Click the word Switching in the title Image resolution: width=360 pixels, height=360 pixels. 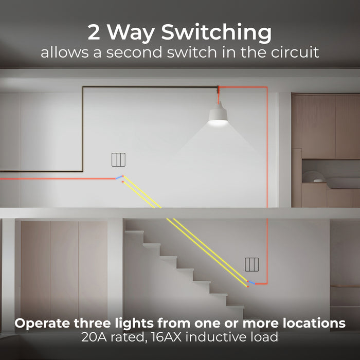pos(217,32)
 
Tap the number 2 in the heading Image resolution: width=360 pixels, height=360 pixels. pos(94,32)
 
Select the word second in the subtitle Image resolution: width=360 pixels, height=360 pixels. pos(135,52)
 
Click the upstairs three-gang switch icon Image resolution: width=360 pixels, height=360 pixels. pos(118,159)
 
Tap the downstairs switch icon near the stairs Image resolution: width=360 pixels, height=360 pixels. pos(252,264)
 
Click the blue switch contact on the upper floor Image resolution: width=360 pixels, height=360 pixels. pos(119,177)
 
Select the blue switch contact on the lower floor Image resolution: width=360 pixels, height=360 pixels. pos(251,283)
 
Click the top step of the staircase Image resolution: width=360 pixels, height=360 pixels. pos(134,232)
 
